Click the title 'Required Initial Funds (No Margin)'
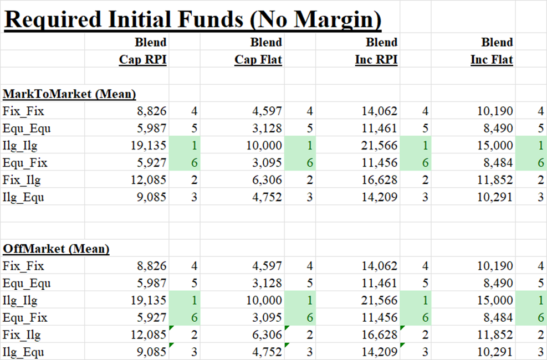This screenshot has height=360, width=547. tap(192, 19)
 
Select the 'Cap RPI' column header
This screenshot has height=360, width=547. tap(142, 59)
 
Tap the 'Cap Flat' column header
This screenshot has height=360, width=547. tap(258, 59)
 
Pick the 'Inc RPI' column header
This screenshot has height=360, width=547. tap(376, 59)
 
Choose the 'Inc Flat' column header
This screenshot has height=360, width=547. tap(492, 59)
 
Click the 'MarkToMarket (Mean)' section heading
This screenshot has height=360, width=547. tap(69, 94)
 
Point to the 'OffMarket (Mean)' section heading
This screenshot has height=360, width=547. tap(56, 249)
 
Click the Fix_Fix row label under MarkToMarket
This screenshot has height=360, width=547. tap(22, 111)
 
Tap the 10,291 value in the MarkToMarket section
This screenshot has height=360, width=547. tap(495, 197)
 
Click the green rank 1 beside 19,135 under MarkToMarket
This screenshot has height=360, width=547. tap(194, 146)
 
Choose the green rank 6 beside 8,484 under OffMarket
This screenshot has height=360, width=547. tap(541, 317)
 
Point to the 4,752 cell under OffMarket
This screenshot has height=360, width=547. tap(267, 352)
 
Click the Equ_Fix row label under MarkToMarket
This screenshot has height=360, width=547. tap(25, 163)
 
